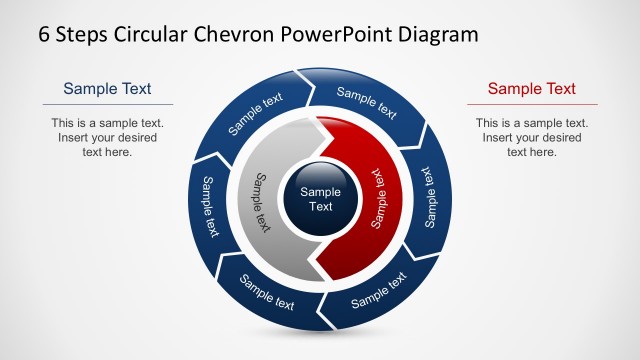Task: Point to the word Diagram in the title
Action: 438,34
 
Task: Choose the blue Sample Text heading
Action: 107,89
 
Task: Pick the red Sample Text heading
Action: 532,89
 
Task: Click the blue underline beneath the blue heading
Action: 107,104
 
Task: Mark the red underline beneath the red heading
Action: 532,104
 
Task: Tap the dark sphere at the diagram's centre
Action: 320,198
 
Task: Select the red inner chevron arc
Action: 375,200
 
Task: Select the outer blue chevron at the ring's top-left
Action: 253,115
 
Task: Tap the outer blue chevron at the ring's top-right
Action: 369,100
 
